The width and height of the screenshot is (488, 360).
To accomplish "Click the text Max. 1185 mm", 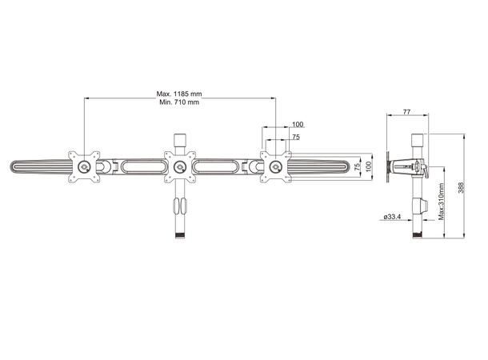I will (178, 94).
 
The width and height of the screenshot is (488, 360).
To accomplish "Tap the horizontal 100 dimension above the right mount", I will (298, 125).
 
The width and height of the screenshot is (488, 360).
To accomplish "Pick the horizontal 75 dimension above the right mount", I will (296, 138).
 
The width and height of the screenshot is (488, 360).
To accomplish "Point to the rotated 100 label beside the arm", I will (369, 166).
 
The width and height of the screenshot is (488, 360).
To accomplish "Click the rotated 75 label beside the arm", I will (354, 166).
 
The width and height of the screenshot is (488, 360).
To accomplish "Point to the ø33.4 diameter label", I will (392, 217).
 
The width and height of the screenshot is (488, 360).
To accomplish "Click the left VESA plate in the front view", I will (84, 166).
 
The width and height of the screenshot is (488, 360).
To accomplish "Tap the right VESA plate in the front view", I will (276, 166).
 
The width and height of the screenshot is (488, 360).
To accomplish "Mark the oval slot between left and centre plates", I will (132, 166).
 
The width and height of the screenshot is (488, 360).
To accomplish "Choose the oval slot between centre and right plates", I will (217, 166).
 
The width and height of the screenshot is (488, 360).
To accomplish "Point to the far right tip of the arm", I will (349, 166).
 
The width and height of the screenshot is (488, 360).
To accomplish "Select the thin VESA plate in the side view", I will (390, 168).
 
